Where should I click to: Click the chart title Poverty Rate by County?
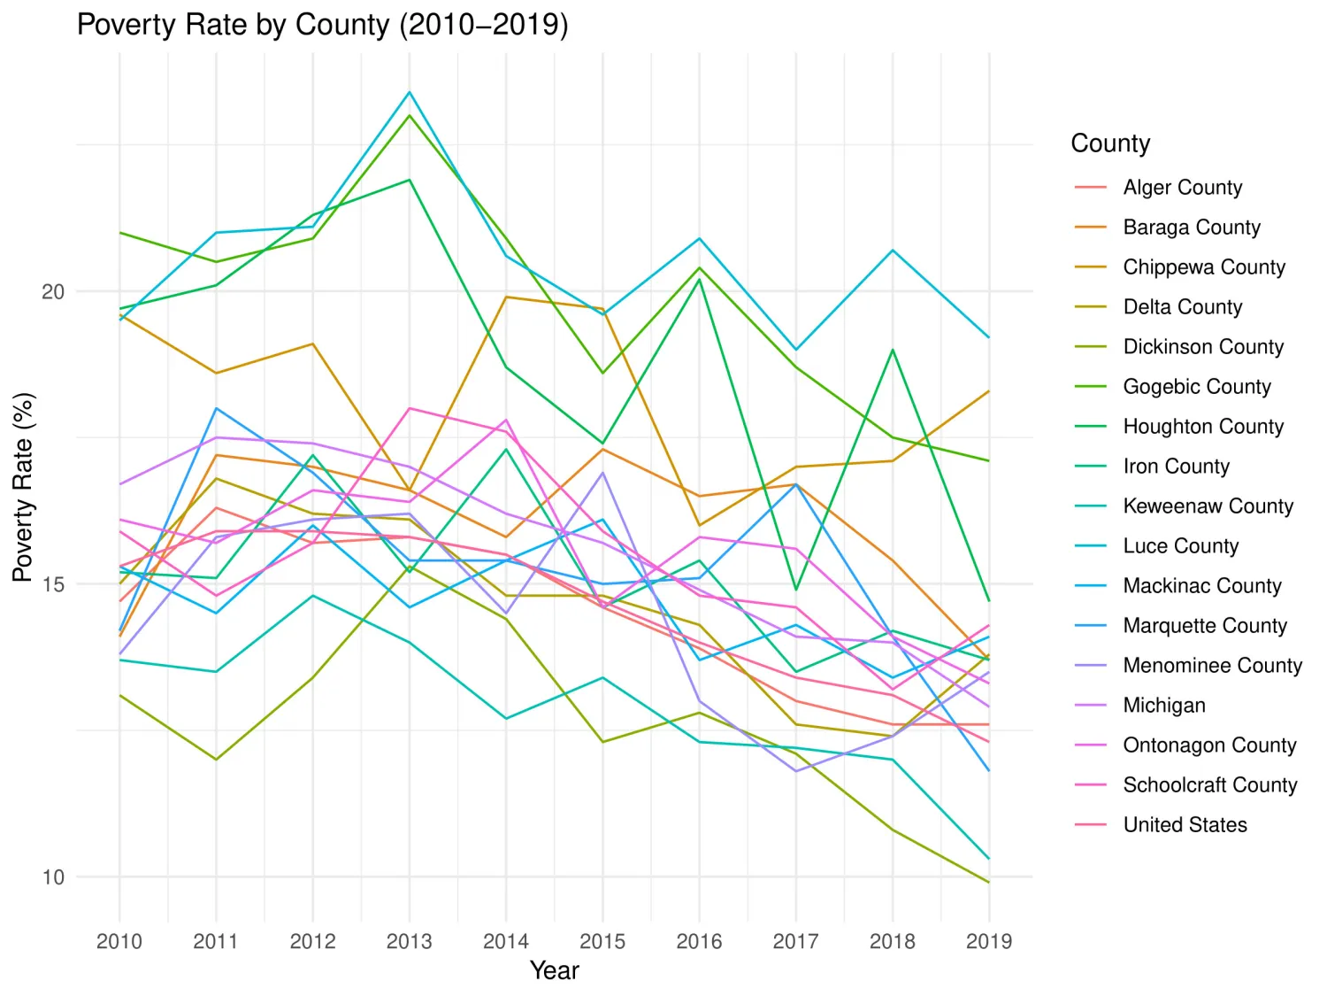tap(322, 25)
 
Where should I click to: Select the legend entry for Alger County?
tap(1182, 188)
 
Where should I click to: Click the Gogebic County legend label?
tap(1196, 387)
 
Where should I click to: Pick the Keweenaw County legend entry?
tap(1208, 506)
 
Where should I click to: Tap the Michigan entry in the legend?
tap(1163, 706)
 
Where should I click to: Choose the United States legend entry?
tap(1185, 825)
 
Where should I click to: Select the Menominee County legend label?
tap(1212, 666)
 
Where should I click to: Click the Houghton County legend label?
tap(1202, 427)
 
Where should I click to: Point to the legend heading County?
tap(1109, 143)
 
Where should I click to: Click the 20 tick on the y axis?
tap(53, 291)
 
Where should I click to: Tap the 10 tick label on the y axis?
tap(53, 877)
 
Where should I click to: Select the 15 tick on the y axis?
tap(53, 584)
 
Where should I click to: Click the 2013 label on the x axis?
tap(409, 941)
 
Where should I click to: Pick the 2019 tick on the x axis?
tap(988, 941)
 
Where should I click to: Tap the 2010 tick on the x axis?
tap(119, 941)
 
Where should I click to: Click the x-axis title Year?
tap(554, 970)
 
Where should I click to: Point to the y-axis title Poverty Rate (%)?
tap(22, 487)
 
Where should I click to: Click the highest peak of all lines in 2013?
tap(409, 92)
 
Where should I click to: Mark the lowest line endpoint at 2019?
tap(988, 882)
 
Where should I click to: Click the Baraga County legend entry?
tap(1191, 228)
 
